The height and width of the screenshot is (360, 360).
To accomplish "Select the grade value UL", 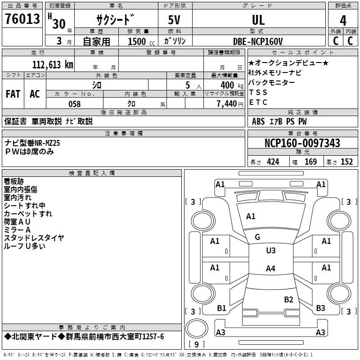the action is [258, 20].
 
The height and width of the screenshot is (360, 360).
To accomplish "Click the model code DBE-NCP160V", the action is [258, 41].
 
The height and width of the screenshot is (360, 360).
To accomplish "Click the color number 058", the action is [74, 103].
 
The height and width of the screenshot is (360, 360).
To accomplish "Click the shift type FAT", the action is [13, 94].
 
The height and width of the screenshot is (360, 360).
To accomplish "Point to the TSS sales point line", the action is [258, 92].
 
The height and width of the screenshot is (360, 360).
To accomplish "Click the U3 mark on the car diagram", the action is [270, 251].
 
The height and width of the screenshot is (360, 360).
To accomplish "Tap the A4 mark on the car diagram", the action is [270, 269].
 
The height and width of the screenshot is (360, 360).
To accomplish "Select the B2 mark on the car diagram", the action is [288, 299].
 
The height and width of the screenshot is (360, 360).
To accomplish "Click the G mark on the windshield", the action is [257, 237].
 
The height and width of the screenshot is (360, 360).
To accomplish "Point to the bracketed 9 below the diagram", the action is [196, 344].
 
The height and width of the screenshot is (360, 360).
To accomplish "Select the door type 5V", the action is [175, 20].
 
